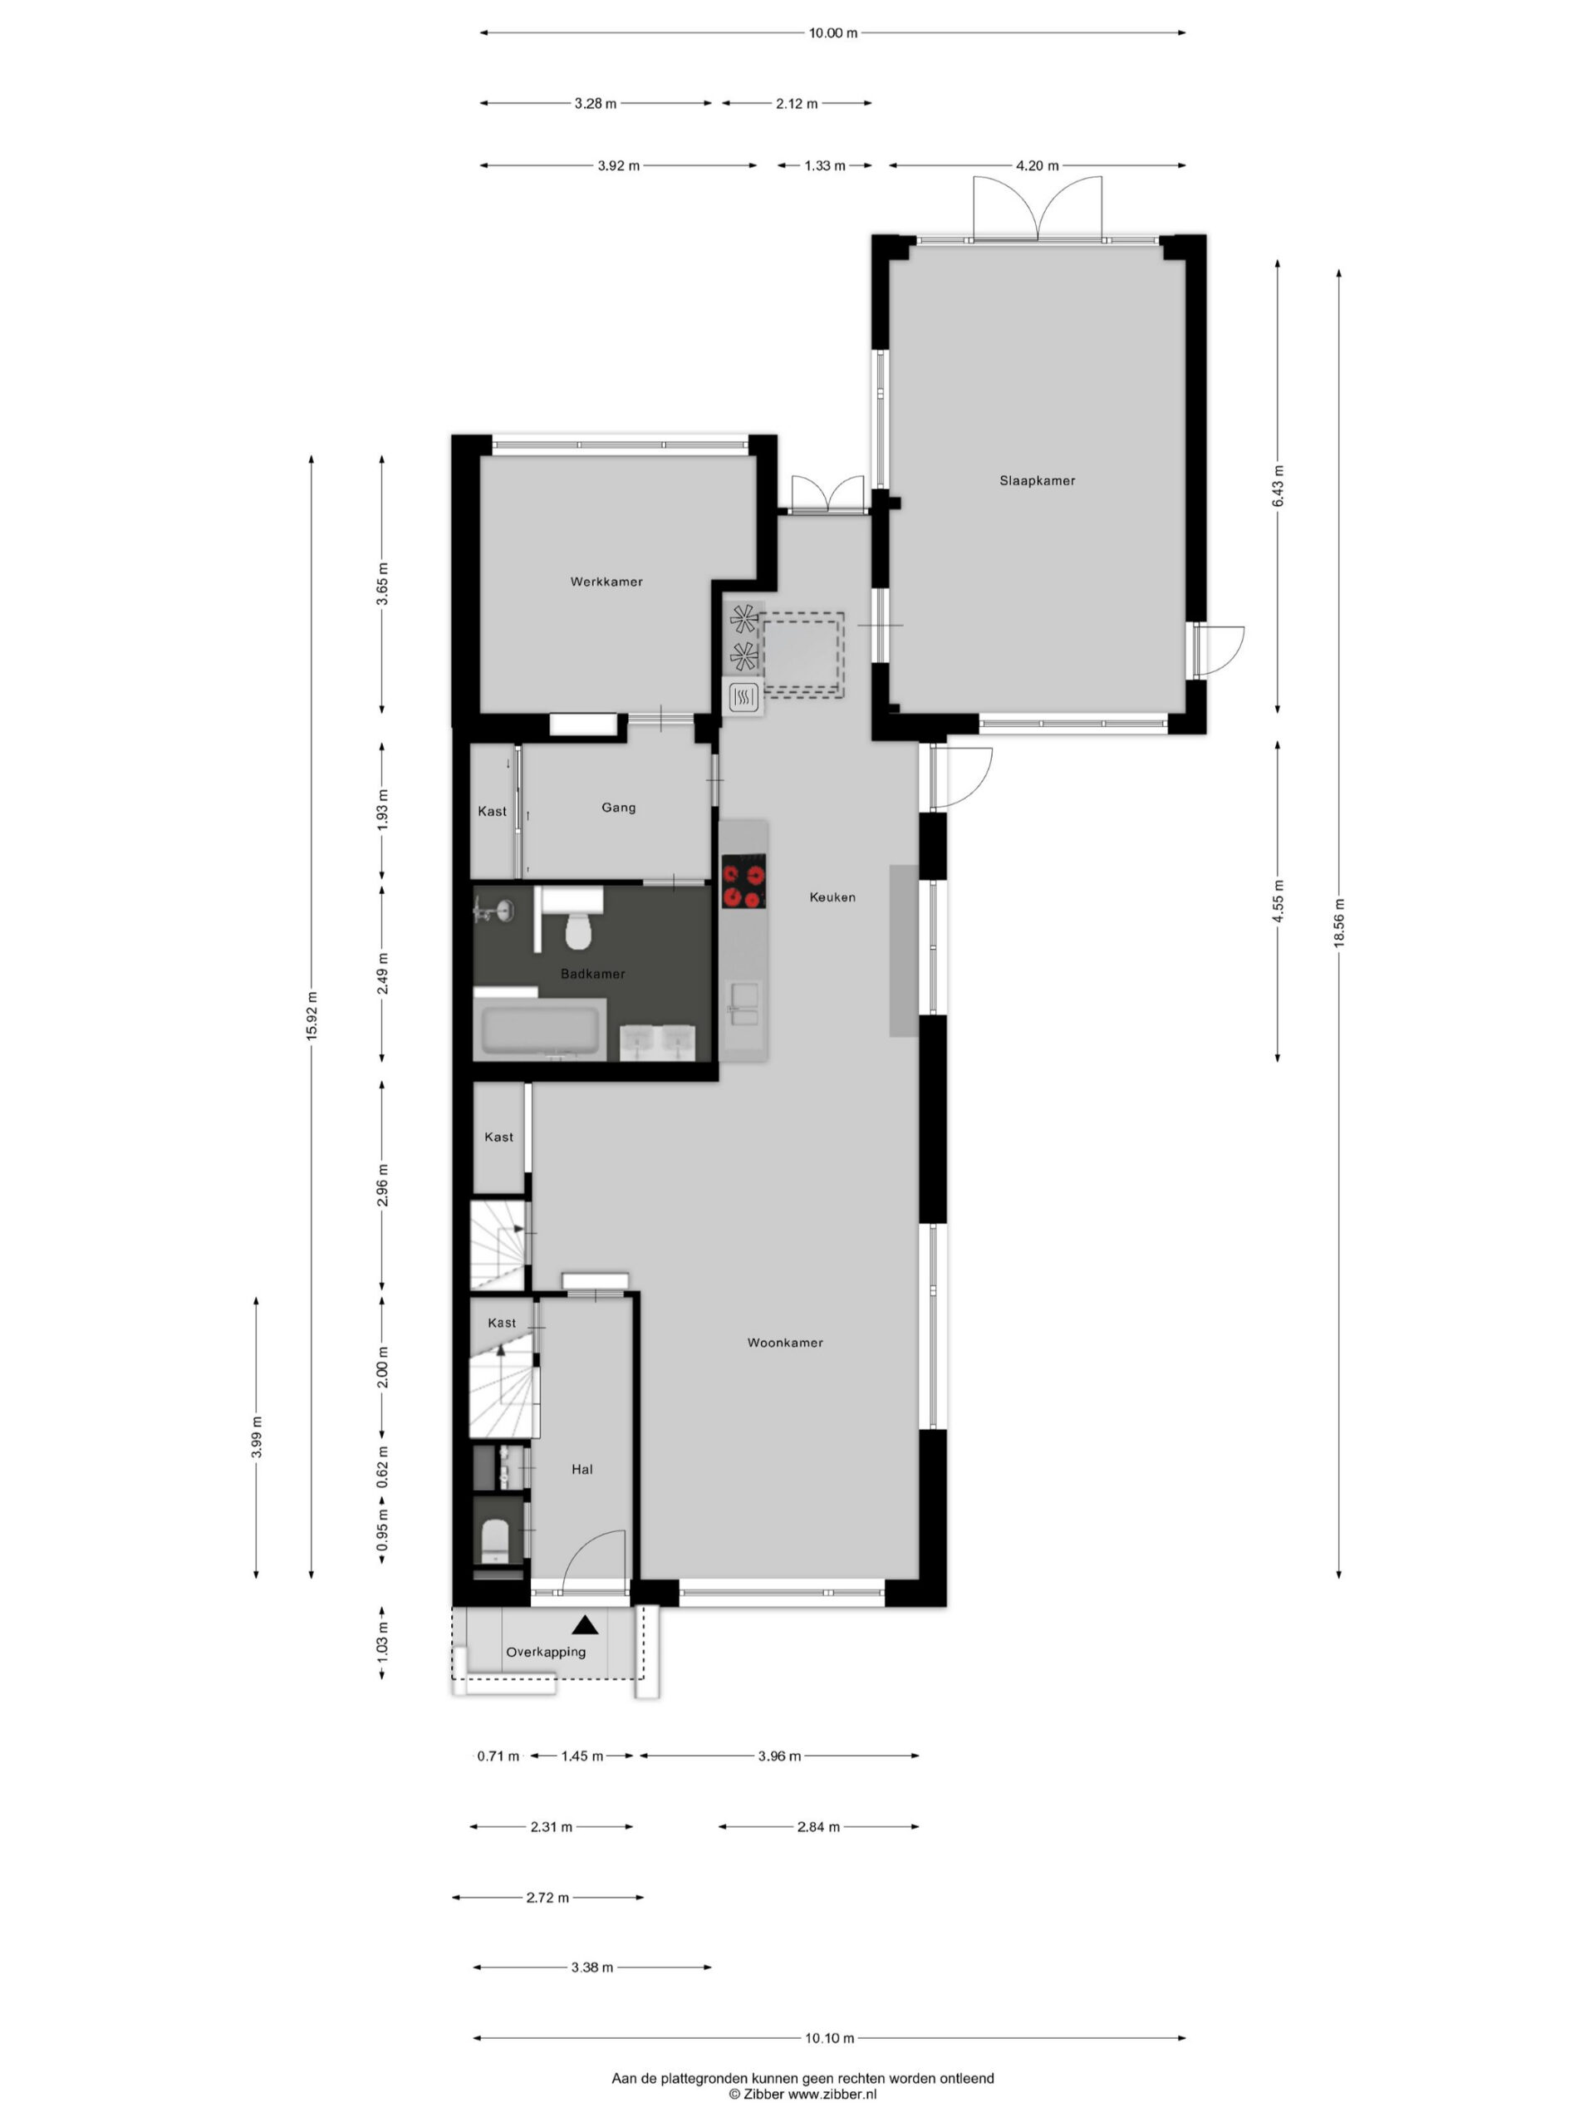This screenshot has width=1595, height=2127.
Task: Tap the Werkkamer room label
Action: click(x=606, y=582)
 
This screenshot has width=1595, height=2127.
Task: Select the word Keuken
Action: click(x=832, y=897)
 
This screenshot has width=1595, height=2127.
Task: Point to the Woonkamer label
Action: click(x=784, y=1343)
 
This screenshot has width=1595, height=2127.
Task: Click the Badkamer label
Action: click(x=592, y=974)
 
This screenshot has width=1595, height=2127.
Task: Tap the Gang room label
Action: click(x=618, y=808)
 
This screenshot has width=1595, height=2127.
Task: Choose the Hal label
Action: click(x=582, y=1469)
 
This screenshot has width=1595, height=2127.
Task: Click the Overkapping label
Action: click(x=545, y=1652)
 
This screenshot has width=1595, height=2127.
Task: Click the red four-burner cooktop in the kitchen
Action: click(x=744, y=882)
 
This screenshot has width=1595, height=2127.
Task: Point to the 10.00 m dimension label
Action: click(x=832, y=32)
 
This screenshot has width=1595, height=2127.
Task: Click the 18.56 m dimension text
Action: click(x=1338, y=922)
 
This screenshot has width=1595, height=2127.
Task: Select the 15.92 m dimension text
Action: click(x=312, y=1015)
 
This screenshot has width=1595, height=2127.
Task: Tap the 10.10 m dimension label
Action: click(x=830, y=2037)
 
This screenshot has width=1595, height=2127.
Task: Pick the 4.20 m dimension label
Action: click(x=1038, y=165)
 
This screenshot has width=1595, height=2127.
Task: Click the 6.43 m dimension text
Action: click(x=1278, y=487)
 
